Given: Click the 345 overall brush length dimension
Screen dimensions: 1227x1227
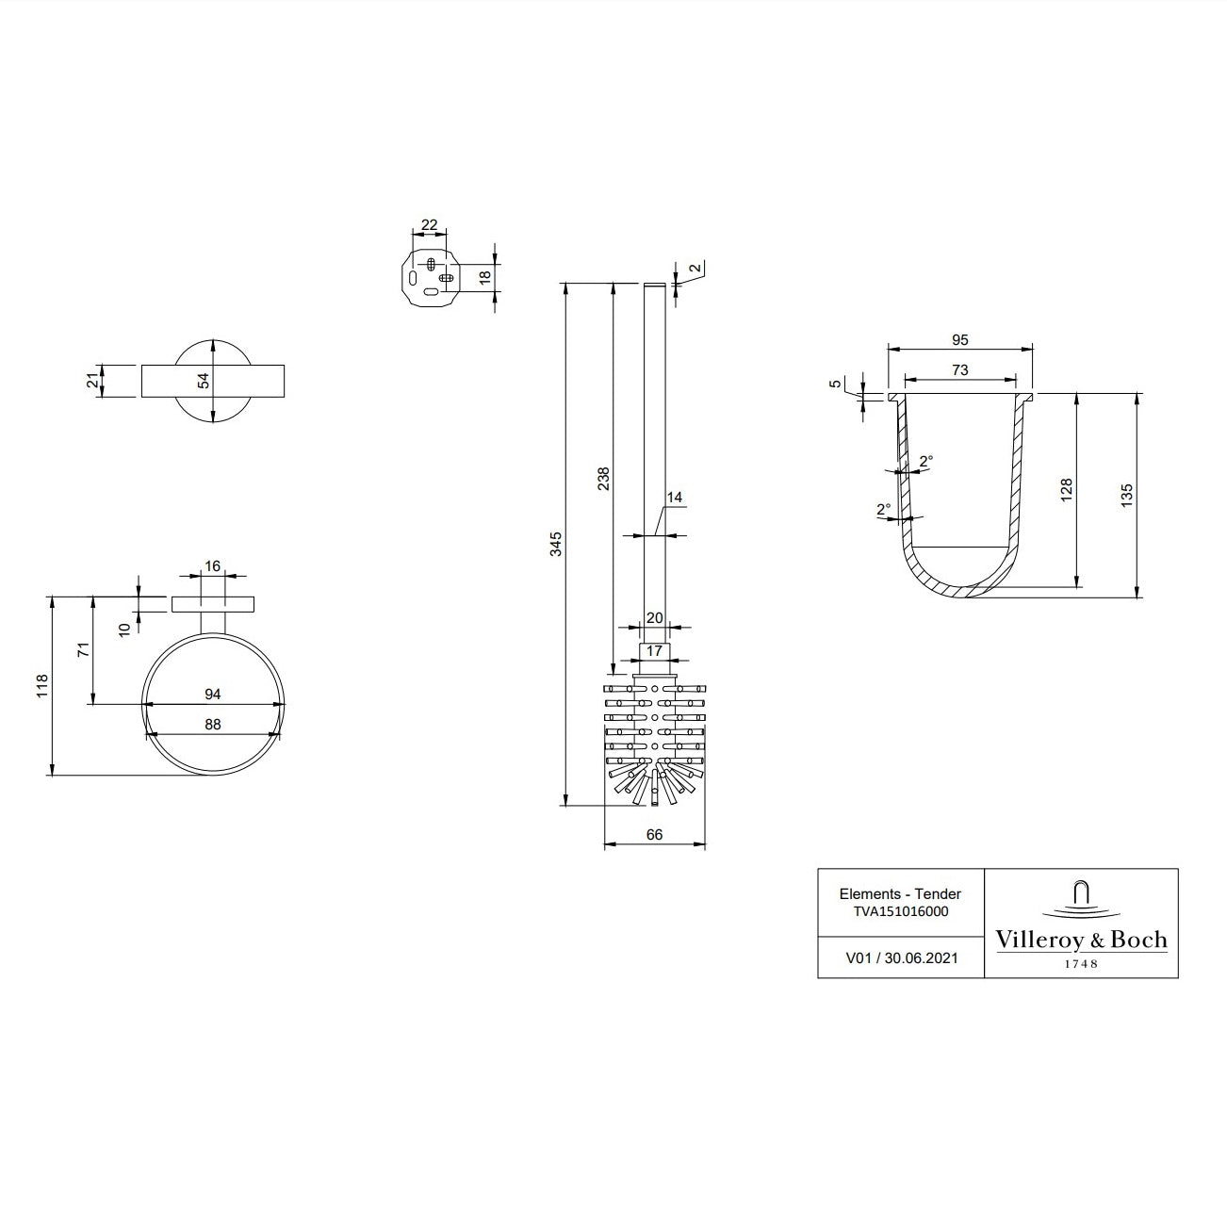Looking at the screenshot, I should click(556, 544).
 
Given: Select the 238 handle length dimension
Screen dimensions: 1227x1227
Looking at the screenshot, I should click(604, 478).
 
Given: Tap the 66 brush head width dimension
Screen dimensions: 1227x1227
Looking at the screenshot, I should click(655, 835).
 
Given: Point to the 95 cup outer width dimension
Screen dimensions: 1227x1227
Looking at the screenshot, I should click(959, 340).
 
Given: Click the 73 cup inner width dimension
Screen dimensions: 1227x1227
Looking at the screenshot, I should click(959, 370).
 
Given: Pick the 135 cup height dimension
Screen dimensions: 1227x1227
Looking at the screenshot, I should click(1128, 495).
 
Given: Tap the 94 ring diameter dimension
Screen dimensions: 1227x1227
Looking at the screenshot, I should click(213, 695).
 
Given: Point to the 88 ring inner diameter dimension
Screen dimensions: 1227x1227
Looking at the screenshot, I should click(213, 725).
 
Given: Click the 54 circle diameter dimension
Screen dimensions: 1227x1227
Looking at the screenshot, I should click(204, 381).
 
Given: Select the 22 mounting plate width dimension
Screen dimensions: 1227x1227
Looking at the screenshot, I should click(430, 225).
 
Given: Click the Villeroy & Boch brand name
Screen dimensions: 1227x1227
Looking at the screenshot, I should click(1081, 940).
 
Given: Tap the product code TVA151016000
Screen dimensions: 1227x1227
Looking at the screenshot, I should click(900, 911).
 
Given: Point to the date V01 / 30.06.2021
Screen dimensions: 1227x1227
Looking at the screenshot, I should click(901, 957).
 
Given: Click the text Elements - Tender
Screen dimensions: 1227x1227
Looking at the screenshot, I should click(900, 893).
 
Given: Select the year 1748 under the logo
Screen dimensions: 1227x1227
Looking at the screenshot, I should click(1081, 964).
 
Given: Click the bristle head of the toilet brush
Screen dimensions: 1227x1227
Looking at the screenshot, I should click(654, 740).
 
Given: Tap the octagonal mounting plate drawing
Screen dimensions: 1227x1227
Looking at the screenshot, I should click(430, 276).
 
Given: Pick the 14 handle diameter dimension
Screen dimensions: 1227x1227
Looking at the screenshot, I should click(674, 498).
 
